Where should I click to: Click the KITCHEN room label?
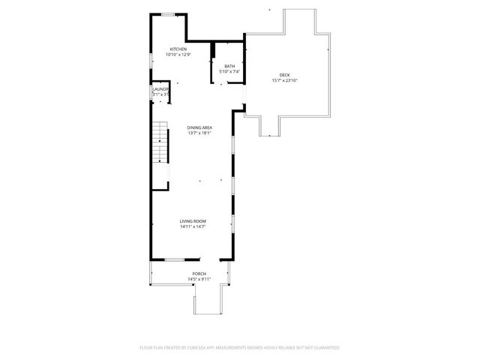178,49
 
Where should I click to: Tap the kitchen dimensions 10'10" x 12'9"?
178,55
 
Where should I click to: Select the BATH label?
229,66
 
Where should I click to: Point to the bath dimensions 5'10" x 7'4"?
229,71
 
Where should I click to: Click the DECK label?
284,75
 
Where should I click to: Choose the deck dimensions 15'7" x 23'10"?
284,80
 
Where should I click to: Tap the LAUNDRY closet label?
160,89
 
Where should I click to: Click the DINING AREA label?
199,127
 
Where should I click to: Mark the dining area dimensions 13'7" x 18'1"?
199,133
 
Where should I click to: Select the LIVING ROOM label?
193,221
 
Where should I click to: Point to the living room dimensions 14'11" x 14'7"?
193,226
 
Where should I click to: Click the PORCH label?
199,274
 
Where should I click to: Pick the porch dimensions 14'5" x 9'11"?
199,279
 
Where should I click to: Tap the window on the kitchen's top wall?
169,14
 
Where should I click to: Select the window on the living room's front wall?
175,259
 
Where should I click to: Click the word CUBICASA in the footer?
196,348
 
